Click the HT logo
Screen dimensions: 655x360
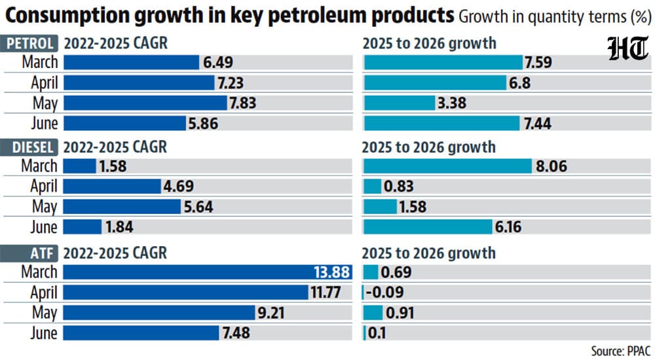point(628,48)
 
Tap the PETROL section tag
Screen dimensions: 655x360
point(29,44)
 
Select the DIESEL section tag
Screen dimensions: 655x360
point(29,147)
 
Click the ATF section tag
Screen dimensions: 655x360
point(29,253)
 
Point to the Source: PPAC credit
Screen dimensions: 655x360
point(621,351)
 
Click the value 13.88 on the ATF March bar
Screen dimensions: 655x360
point(331,272)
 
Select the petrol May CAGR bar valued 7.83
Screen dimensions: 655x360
point(145,103)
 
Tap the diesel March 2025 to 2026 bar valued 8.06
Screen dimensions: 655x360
point(448,166)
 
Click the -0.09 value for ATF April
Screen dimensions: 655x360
point(384,292)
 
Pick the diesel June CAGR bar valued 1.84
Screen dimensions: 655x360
point(83,226)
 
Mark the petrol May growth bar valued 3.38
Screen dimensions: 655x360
point(400,103)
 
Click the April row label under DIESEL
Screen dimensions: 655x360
point(44,187)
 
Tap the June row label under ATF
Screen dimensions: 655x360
point(44,333)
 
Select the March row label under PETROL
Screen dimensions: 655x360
point(40,62)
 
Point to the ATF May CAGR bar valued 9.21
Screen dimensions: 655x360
point(159,312)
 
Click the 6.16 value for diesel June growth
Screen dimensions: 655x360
point(508,226)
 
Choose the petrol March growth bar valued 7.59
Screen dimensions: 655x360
point(443,62)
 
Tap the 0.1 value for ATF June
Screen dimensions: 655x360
point(377,333)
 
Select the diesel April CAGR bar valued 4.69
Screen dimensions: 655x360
point(112,187)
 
